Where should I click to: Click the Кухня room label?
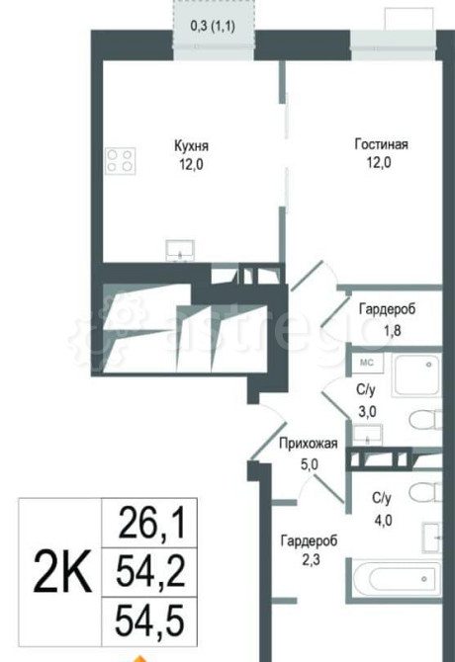191,145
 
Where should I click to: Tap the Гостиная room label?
381,145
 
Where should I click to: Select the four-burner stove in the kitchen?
121,161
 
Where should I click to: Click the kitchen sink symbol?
180,247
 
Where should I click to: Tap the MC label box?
366,364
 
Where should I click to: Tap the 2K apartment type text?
61,570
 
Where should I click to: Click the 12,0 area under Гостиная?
381,164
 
